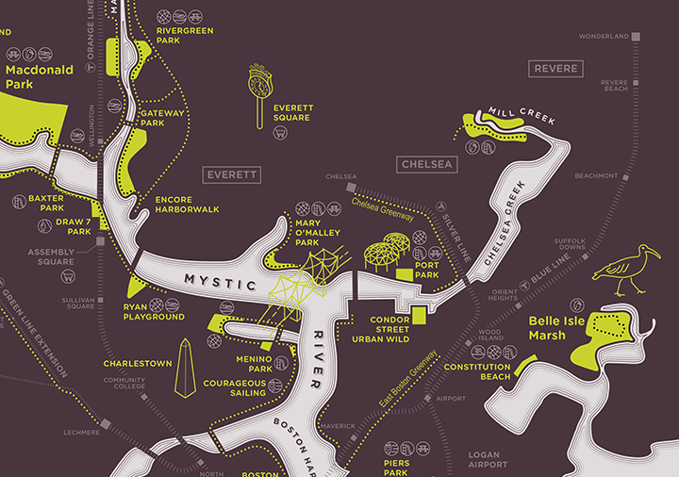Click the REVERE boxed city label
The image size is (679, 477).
point(556,69)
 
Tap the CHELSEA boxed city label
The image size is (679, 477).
point(427,164)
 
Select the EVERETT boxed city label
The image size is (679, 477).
point(232,175)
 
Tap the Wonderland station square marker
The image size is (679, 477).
point(637,37)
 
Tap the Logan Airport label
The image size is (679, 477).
point(488,459)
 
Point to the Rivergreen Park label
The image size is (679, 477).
point(185,36)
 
